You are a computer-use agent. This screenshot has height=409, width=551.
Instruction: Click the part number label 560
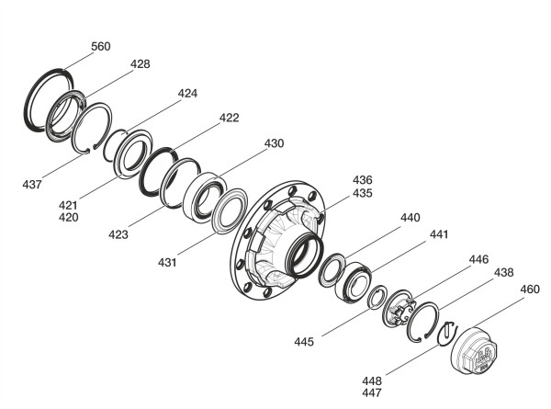coord(101,47)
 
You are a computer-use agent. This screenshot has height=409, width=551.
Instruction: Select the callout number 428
coord(141,64)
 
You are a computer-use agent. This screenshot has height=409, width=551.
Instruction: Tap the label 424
coord(187,93)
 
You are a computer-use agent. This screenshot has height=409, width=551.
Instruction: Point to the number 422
coord(229,118)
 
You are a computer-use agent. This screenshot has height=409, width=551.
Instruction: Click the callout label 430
coord(274,143)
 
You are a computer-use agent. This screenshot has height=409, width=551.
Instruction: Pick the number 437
coord(32,184)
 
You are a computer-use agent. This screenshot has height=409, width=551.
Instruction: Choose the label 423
coord(118,234)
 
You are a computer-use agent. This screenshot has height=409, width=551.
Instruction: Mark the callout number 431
coord(167,262)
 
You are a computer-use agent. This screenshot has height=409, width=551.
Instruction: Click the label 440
coord(410,218)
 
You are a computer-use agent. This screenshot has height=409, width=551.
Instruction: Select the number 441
coord(439,234)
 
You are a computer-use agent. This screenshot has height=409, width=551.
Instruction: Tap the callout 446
coord(479,259)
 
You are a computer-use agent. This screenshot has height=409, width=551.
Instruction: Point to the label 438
coord(504,273)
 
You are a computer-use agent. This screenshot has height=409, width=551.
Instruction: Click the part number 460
coord(530,290)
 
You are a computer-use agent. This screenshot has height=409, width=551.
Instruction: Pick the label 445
coord(304,342)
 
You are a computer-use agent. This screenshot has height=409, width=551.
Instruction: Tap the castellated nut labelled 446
coord(399,309)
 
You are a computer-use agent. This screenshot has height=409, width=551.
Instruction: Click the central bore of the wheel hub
coord(304,254)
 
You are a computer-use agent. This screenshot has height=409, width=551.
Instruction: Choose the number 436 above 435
coord(363,180)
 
